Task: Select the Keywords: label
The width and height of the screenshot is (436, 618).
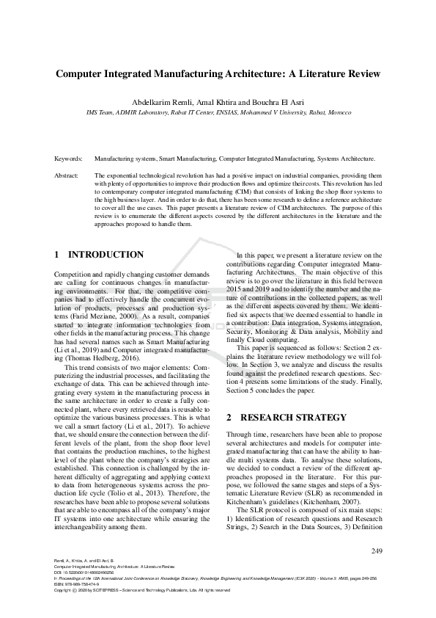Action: (69, 158)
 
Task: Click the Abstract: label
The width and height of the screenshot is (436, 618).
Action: (67, 176)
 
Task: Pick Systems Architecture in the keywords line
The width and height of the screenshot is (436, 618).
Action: (346, 158)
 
